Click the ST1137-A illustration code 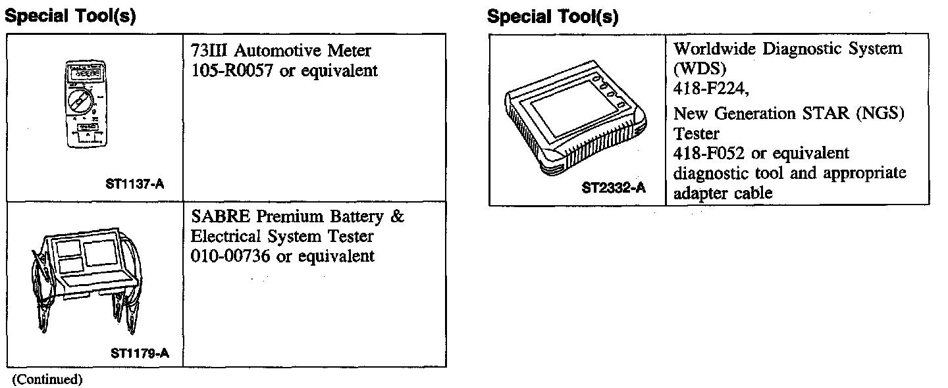pos(134,185)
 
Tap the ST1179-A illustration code pos(140,353)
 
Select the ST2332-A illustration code pos(614,189)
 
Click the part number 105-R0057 pos(232,71)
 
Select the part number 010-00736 pos(231,256)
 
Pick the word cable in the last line pos(750,193)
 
